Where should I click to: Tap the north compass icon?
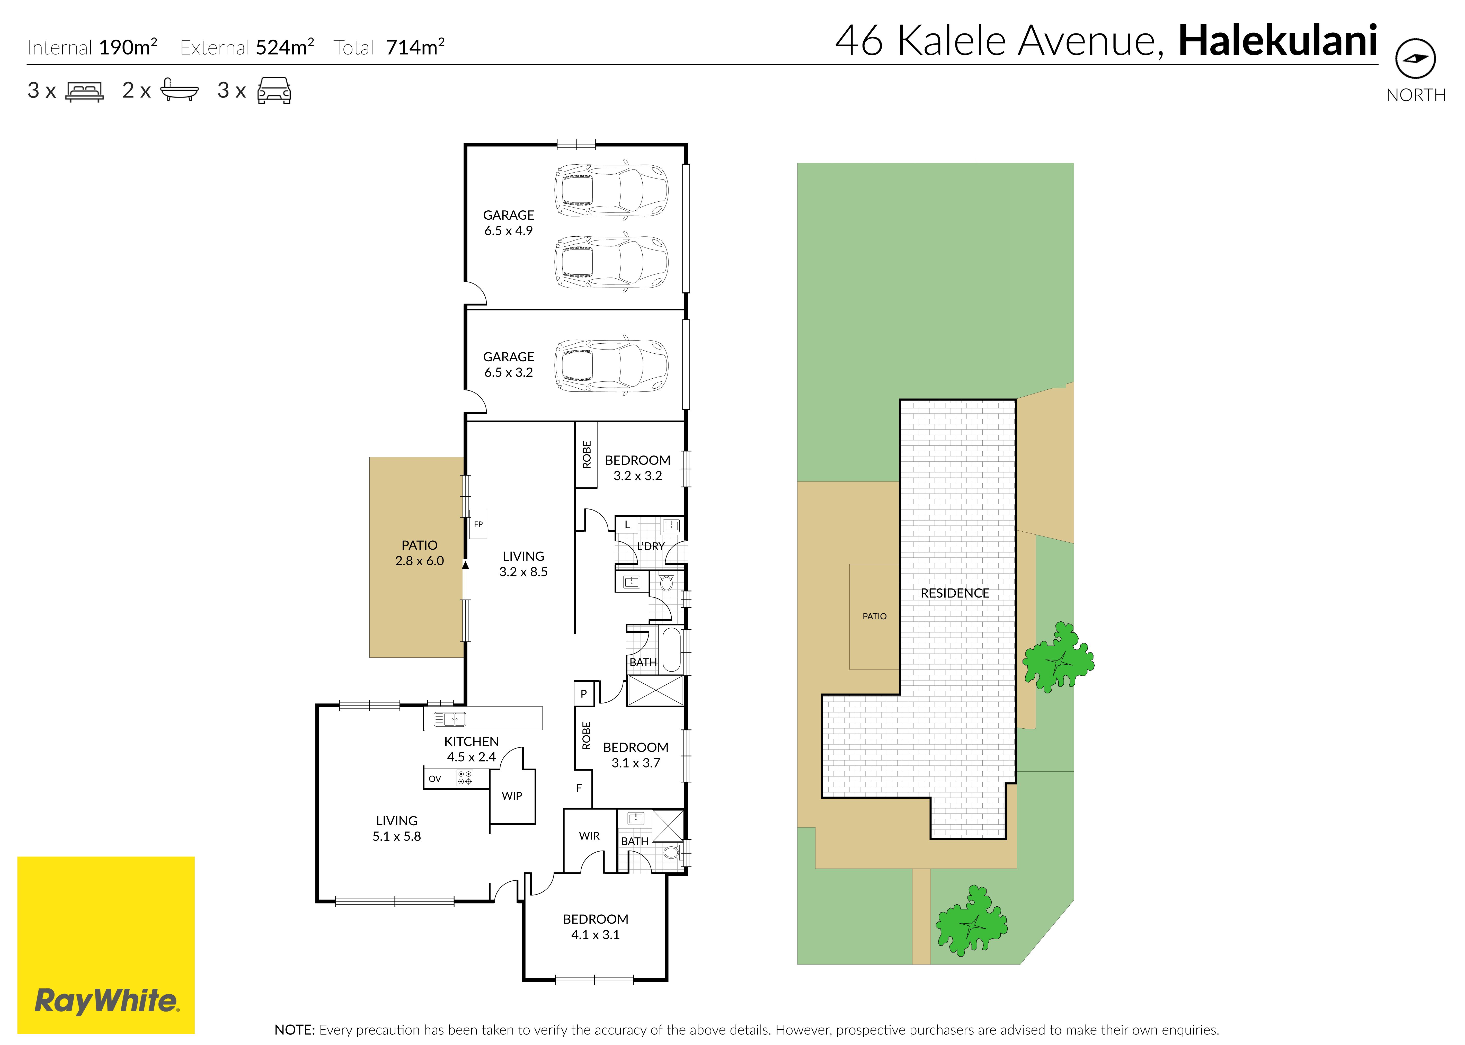[x=1415, y=59]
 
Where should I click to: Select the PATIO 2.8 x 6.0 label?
[x=420, y=553]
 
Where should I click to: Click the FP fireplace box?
[x=478, y=524]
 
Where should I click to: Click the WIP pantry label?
[x=512, y=796]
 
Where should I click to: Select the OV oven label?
[x=435, y=779]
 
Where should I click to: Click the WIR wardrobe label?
[x=589, y=836]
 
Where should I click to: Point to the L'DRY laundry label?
[x=651, y=546]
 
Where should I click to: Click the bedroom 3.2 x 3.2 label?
[x=638, y=468]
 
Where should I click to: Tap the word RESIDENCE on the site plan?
[x=955, y=593]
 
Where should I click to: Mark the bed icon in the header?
[x=84, y=91]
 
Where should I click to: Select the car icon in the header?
[x=274, y=91]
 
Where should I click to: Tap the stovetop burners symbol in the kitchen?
[x=465, y=778]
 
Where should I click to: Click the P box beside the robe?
[x=583, y=694]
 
